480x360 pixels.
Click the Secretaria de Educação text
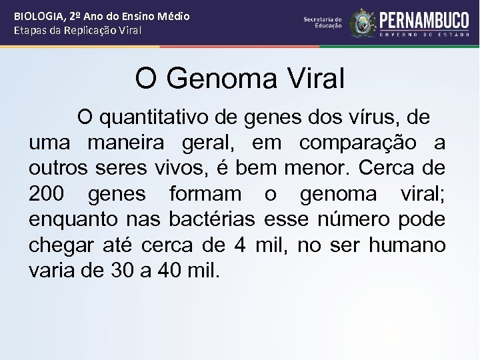(x=323, y=23)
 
